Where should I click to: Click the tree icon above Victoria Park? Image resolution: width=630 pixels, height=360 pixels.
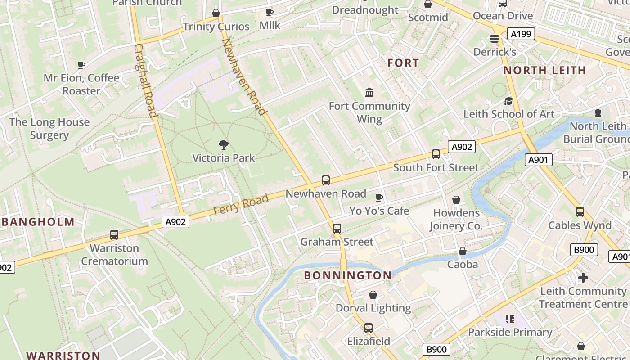[223, 145]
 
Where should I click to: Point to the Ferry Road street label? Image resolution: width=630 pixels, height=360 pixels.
[241, 204]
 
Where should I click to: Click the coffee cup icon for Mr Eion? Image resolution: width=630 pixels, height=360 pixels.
[81, 65]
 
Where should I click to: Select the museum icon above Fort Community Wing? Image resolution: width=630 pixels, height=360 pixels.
[369, 93]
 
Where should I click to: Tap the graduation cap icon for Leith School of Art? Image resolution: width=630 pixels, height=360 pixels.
[508, 101]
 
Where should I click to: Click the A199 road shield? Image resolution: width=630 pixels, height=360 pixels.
[521, 34]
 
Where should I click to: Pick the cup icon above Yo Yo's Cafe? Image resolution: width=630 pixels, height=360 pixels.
[379, 198]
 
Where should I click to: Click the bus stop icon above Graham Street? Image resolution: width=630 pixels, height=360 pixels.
[337, 229]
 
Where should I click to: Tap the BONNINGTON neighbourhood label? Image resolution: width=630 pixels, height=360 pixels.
[348, 275]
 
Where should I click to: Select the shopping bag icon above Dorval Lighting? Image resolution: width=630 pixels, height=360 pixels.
[373, 295]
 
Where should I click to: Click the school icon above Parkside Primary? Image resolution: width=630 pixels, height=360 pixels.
[510, 319]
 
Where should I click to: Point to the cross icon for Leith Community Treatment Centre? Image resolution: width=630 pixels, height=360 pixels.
[583, 278]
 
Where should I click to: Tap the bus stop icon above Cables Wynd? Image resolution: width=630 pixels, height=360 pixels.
[580, 212]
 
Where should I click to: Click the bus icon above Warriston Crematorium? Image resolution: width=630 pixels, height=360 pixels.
[114, 235]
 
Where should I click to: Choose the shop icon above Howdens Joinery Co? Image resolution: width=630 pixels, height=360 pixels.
[456, 200]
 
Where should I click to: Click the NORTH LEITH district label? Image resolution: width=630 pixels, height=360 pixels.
[544, 70]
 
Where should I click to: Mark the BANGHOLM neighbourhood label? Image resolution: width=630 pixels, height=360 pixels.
[38, 222]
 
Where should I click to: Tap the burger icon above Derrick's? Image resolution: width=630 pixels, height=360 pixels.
[495, 39]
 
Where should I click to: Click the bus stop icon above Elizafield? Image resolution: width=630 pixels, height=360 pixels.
[369, 328]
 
